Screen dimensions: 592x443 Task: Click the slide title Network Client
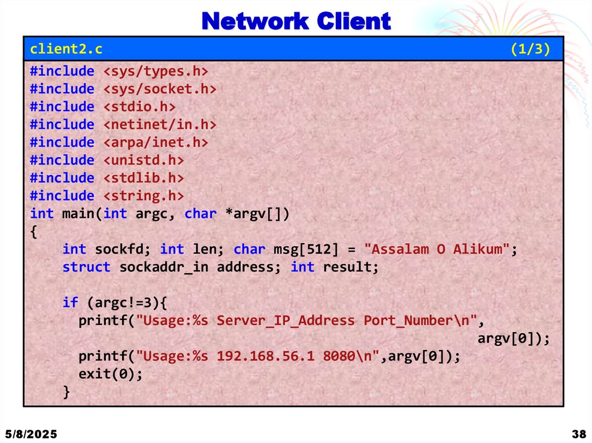[296, 21]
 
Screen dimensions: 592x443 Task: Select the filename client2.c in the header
[66, 49]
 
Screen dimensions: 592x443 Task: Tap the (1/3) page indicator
[530, 49]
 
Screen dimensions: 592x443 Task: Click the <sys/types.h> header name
[155, 71]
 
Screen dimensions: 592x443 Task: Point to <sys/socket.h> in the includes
[160, 89]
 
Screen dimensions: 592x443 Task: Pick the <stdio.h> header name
[139, 107]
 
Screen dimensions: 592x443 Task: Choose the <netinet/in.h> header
[160, 125]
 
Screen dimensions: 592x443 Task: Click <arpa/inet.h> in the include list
[155, 143]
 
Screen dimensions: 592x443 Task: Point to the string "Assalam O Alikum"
[436, 250]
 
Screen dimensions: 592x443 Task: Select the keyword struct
[86, 267]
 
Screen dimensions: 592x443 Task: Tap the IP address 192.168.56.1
[265, 356]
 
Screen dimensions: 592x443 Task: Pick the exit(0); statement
[110, 374]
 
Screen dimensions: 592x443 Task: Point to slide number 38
[578, 434]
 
